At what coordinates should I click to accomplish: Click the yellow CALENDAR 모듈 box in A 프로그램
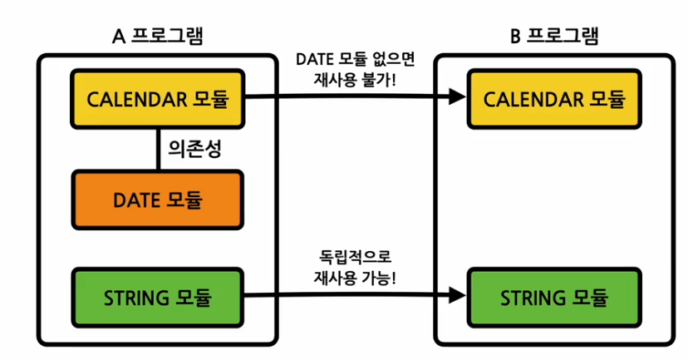click(x=158, y=100)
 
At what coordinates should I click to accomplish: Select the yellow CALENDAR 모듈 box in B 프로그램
click(x=554, y=100)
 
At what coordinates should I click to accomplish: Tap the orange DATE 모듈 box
click(x=158, y=200)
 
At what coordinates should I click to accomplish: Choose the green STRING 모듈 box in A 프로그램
click(x=158, y=296)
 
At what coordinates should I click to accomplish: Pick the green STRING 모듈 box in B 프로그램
click(x=554, y=296)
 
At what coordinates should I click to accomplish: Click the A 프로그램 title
click(x=157, y=37)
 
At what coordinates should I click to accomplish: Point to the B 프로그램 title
click(x=553, y=37)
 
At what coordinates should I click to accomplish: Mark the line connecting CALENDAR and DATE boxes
click(x=158, y=150)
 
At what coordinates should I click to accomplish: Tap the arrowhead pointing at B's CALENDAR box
click(x=457, y=98)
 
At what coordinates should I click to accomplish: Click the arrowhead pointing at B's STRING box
click(x=457, y=294)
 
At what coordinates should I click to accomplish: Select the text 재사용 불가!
click(x=356, y=81)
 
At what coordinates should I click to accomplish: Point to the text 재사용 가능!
click(x=356, y=277)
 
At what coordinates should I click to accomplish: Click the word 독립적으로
click(x=355, y=256)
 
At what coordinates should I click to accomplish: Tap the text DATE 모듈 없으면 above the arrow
click(x=355, y=61)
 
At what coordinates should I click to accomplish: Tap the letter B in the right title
click(x=514, y=37)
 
